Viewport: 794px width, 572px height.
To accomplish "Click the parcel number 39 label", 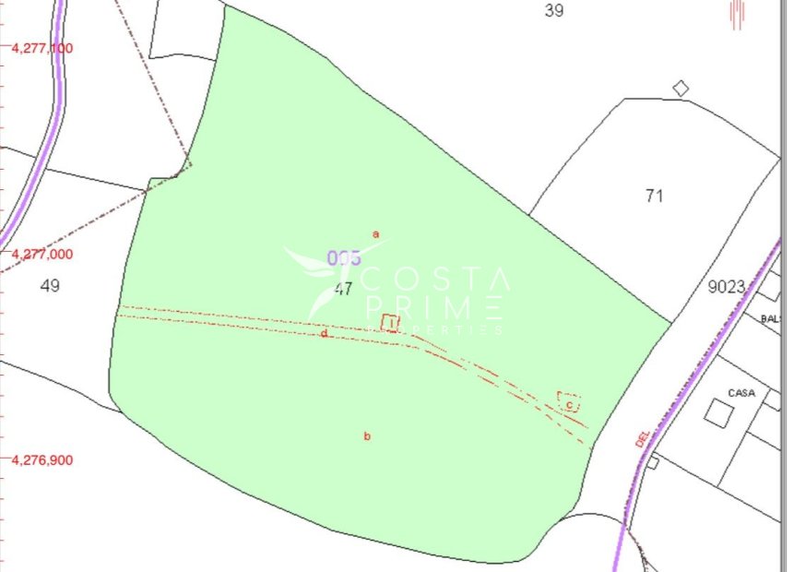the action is [x=553, y=11].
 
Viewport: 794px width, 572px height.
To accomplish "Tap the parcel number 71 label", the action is [x=655, y=196].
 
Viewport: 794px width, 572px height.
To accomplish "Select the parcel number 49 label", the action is [x=51, y=286].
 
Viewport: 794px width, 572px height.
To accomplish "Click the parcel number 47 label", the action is [x=343, y=289].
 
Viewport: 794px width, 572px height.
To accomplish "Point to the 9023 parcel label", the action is [x=726, y=287].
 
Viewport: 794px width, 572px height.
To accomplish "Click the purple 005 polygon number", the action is [x=343, y=258].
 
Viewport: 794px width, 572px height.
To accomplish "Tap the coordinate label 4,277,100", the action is [x=42, y=48].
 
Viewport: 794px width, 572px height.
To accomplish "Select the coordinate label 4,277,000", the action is [x=42, y=254].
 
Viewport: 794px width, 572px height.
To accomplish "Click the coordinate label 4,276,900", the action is [x=42, y=459].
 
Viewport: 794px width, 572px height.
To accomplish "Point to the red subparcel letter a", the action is [x=375, y=234].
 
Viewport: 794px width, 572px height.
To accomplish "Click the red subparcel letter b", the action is [x=367, y=436].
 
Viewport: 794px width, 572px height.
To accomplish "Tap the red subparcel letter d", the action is [x=324, y=334].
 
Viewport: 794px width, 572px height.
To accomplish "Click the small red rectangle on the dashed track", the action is [x=390, y=323].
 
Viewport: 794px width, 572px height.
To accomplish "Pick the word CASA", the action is [x=741, y=393].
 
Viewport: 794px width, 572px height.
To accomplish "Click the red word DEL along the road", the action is [x=643, y=437].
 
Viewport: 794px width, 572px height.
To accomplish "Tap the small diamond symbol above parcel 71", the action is [x=681, y=89].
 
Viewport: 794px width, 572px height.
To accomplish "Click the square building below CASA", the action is [x=717, y=412].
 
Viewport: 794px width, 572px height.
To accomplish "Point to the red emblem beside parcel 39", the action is [x=736, y=16].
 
